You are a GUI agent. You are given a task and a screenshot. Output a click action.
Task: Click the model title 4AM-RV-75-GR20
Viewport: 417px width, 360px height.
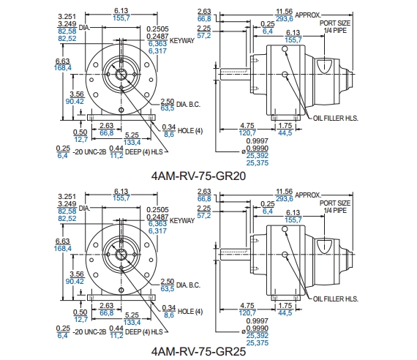click(198, 176)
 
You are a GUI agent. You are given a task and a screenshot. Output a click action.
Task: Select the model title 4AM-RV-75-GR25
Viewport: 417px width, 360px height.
click(198, 352)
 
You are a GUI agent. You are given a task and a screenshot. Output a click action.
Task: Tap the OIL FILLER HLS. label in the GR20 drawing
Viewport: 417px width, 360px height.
click(336, 118)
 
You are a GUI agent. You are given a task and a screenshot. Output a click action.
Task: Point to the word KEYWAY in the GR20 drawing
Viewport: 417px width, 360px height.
click(182, 41)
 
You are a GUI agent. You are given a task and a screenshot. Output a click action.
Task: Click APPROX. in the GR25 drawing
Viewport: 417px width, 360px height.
click(308, 195)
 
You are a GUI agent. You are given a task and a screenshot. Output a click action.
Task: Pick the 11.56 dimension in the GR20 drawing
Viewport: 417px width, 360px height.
click(285, 12)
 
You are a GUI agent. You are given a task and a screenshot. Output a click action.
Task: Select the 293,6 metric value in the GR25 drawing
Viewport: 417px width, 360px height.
click(285, 199)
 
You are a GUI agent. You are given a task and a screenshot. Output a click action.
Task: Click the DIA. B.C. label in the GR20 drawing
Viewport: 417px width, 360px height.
click(188, 105)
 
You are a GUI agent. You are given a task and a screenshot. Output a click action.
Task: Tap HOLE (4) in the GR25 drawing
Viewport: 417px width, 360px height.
click(190, 311)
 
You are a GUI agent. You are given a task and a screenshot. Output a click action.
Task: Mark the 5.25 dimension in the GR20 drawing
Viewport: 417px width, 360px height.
click(132, 135)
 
